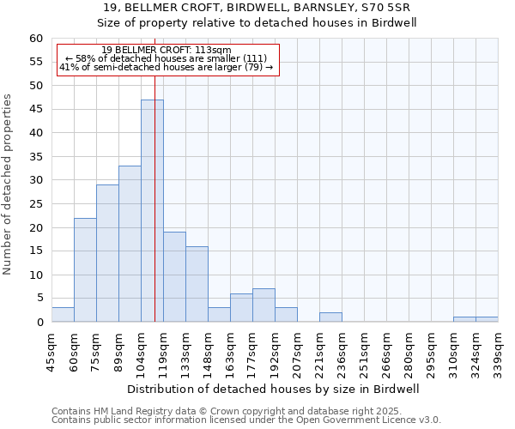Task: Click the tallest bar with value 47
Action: coord(152,211)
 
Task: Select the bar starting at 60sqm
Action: coord(85,270)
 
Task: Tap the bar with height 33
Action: coord(130,245)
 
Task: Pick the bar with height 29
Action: coord(107,254)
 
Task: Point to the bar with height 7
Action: coord(264,305)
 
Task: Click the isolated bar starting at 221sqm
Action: coord(330,317)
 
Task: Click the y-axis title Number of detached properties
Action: coord(9,184)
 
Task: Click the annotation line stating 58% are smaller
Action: coord(167,58)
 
